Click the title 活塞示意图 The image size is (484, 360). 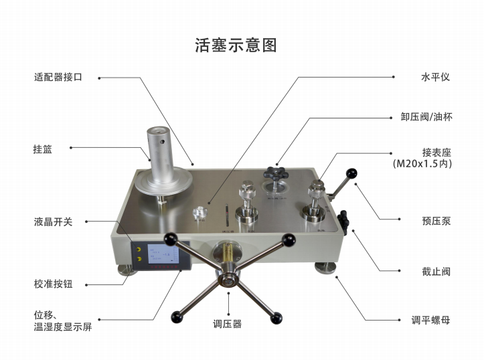[x=236, y=46]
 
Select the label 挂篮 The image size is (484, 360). [x=42, y=149]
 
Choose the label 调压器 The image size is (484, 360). [x=227, y=325]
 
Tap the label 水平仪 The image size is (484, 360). [x=434, y=77]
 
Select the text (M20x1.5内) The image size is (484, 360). [x=421, y=163]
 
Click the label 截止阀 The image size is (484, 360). [x=436, y=272]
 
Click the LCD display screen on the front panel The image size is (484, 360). [x=165, y=258]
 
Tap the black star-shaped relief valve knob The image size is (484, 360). [x=274, y=172]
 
